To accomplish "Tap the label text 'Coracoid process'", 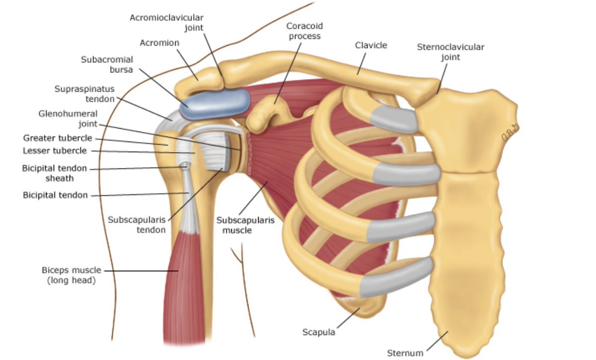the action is pyautogui.click(x=303, y=31).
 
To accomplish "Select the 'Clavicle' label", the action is pyautogui.click(x=371, y=45).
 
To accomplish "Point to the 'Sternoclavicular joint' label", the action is pyautogui.click(x=450, y=52).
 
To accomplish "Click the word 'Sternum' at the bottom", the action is pyautogui.click(x=405, y=353).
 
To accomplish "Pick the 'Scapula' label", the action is pyautogui.click(x=319, y=332).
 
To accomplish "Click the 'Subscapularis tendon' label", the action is pyautogui.click(x=137, y=225).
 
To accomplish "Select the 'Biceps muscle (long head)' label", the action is pyautogui.click(x=72, y=275).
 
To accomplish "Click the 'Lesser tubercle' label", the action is pyautogui.click(x=55, y=150).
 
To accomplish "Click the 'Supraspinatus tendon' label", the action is pyautogui.click(x=84, y=94).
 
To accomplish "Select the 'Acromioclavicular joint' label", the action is pyautogui.click(x=166, y=22).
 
